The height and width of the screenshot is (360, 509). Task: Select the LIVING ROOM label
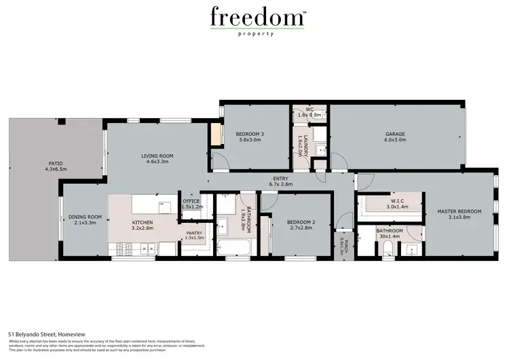[157, 159]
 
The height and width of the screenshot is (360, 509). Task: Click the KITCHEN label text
[143, 226]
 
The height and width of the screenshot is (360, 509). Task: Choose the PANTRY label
[194, 236]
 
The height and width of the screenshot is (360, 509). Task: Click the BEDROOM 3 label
[250, 138]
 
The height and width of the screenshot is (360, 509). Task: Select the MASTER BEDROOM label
[459, 215]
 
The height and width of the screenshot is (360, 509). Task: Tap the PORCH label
[344, 245]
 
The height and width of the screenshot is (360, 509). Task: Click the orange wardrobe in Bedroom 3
[216, 135]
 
